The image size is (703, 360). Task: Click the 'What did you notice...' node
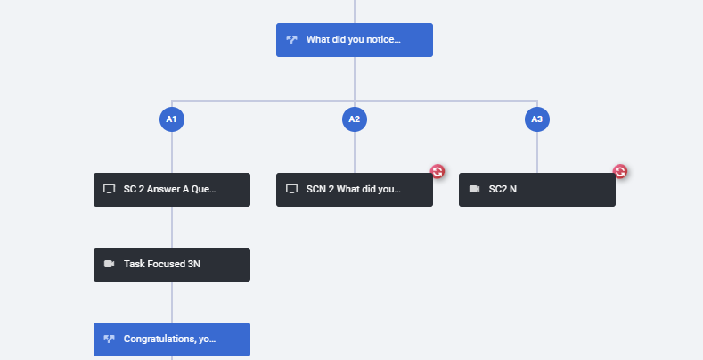point(355,40)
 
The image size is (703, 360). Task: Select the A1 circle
point(172,119)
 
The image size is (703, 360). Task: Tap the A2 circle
point(355,119)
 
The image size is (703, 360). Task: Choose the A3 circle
point(537,119)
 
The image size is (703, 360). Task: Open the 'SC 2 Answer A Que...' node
point(172,190)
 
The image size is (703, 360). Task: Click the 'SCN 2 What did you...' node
point(355,190)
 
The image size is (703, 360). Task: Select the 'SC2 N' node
point(537,190)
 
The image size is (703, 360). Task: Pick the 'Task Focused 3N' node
point(172,265)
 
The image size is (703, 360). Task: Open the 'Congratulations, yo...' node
point(172,340)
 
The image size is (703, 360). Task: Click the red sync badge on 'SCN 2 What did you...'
point(437,171)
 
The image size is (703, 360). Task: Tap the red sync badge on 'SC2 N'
point(620,171)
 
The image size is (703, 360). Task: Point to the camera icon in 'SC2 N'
point(474,189)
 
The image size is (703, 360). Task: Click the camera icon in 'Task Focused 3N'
point(109,264)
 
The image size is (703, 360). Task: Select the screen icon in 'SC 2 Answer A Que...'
point(109,189)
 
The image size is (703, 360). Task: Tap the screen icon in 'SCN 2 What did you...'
point(292,189)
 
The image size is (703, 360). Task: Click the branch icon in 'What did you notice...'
point(292,39)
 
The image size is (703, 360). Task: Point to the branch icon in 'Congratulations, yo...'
point(109,339)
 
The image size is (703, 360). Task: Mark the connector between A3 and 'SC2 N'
point(537,152)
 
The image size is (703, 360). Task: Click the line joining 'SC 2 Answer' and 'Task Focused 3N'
point(172,227)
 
